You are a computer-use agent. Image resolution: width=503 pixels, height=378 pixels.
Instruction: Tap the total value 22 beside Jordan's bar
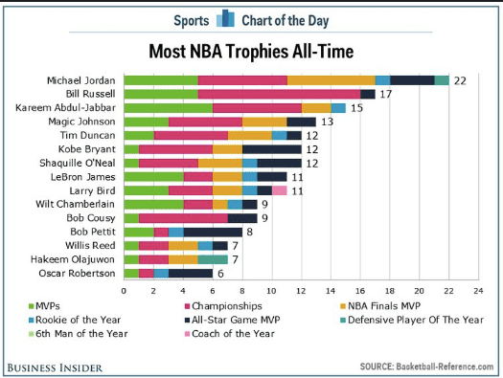tap(460, 80)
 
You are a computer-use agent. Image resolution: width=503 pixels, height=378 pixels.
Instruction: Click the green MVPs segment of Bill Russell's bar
tap(160, 94)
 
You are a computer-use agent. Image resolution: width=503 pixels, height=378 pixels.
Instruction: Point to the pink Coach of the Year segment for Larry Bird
tap(280, 190)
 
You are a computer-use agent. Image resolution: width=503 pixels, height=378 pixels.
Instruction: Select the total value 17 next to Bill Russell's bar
tap(386, 94)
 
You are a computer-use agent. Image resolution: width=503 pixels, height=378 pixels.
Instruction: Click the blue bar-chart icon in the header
tap(225, 18)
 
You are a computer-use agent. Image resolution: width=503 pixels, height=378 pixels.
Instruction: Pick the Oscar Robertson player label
tap(82, 273)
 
